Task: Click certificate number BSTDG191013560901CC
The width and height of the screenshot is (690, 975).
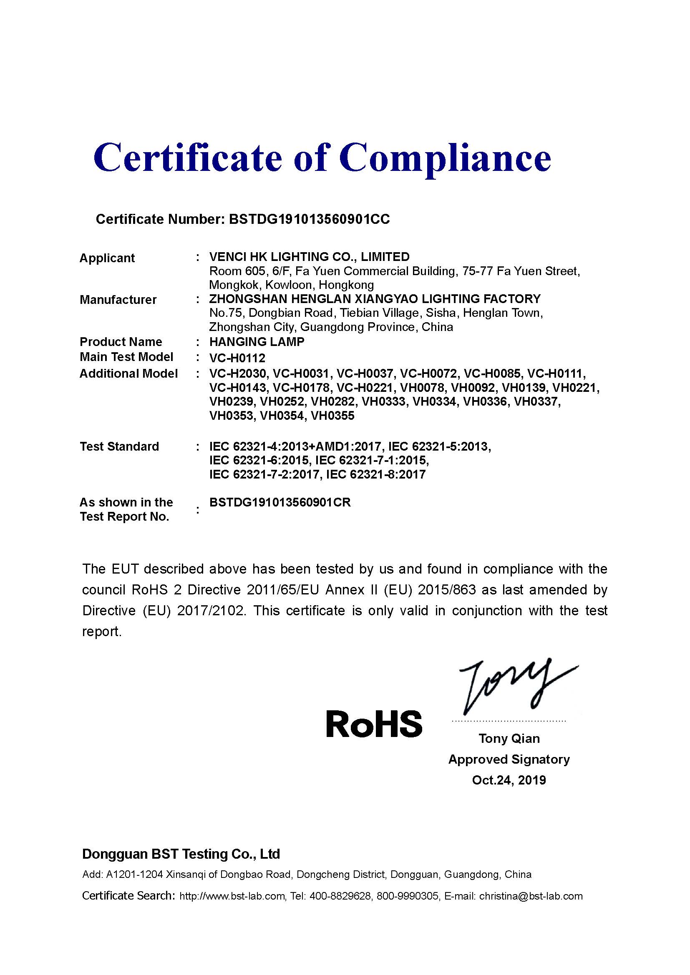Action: coord(309,219)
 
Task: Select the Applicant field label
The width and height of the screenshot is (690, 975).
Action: coord(107,258)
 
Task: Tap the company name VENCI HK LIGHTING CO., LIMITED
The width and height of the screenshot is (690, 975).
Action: coord(309,257)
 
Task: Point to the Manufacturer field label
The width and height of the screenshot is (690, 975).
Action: coord(118,300)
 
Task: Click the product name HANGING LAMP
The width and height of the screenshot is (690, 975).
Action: coord(257,342)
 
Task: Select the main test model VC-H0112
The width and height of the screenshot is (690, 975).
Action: coord(237,358)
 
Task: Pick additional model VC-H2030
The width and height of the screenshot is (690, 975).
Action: coord(237,373)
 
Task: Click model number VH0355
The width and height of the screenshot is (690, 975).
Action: coord(332,416)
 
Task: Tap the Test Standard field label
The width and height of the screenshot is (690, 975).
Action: coord(119,446)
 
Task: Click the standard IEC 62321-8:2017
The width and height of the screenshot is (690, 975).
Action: coord(375,474)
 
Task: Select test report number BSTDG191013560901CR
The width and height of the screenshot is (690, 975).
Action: coord(280,502)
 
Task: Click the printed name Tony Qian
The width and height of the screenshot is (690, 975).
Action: coord(509,739)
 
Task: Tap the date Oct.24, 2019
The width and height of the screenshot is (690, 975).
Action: coord(509,780)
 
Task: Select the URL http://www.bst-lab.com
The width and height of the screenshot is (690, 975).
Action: coord(232,896)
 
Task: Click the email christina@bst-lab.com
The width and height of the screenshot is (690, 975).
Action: coord(531,896)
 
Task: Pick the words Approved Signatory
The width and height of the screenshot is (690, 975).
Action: coord(509,759)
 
